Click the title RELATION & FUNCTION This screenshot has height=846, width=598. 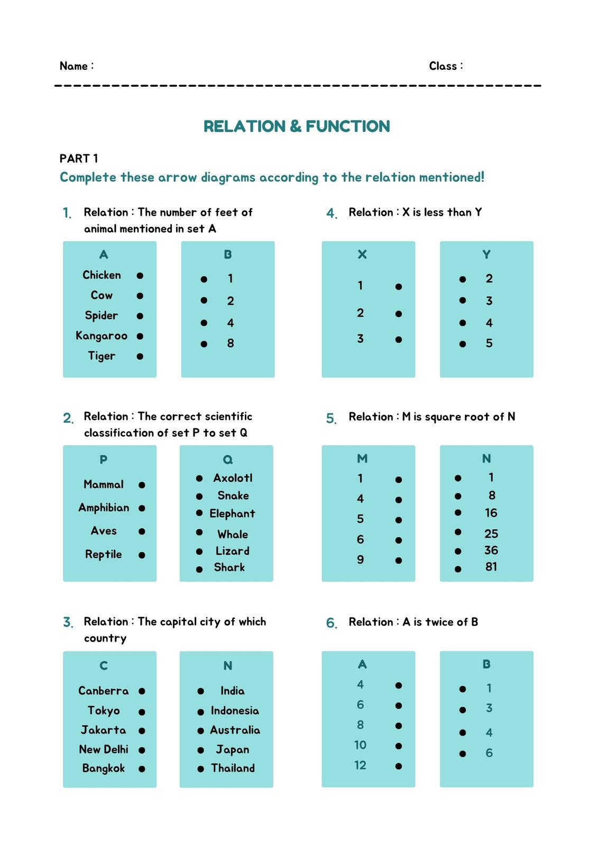pos(297,126)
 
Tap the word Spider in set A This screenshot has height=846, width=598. pos(102,316)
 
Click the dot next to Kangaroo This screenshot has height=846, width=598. pos(140,336)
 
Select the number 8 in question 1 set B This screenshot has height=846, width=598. pos(231,344)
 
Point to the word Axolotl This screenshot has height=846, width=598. pos(233,478)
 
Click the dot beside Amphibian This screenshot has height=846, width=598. pos(142,508)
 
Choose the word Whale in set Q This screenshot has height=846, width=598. pos(233,535)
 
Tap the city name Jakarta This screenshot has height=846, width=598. pos(104,730)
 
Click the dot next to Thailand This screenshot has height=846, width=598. pos(201,769)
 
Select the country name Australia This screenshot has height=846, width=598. pos(235,730)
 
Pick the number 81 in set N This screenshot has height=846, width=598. pos(491,567)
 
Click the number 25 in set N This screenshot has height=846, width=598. pos(491,534)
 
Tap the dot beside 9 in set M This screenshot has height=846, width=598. pos(399,560)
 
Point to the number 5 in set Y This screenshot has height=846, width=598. pos(489,344)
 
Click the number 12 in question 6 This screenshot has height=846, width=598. pos(360,766)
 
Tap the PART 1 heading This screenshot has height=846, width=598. pos(79,159)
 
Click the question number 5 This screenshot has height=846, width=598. pos(331,419)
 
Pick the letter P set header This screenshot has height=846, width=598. pos(104,459)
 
